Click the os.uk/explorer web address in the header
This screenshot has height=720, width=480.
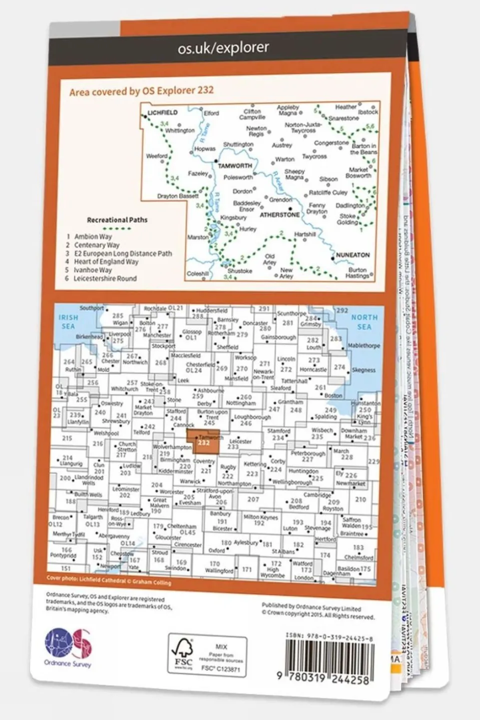[223, 49]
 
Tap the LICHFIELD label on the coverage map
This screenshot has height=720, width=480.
[163, 113]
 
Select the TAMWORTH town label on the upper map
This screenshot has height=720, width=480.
[235, 166]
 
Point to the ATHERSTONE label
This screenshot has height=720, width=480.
[279, 215]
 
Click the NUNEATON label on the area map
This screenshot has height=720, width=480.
[353, 255]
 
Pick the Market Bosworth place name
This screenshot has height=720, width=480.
[358, 173]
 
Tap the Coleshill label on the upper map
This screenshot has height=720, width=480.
[197, 274]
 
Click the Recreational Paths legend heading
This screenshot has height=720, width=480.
[117, 220]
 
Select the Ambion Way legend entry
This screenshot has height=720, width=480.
[93, 237]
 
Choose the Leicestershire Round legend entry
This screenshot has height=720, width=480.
[105, 278]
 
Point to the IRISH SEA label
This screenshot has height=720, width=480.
[69, 322]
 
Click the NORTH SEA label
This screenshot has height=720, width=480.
[364, 322]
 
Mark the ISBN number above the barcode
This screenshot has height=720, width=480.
[329, 635]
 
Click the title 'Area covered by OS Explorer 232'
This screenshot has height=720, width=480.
[142, 91]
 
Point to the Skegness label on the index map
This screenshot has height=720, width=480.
[363, 370]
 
